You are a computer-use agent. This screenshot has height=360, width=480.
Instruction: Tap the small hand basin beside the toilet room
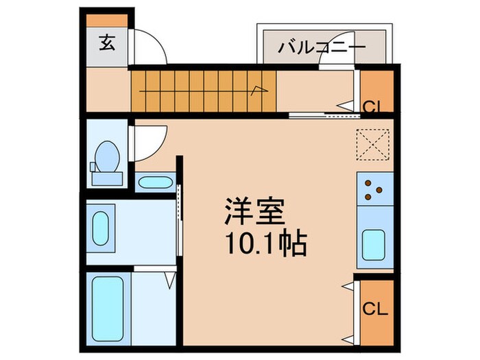click(x=155, y=182)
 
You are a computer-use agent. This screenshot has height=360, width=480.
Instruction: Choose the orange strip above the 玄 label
click(x=107, y=21)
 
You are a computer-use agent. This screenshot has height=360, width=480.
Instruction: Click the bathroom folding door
click(x=169, y=278)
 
